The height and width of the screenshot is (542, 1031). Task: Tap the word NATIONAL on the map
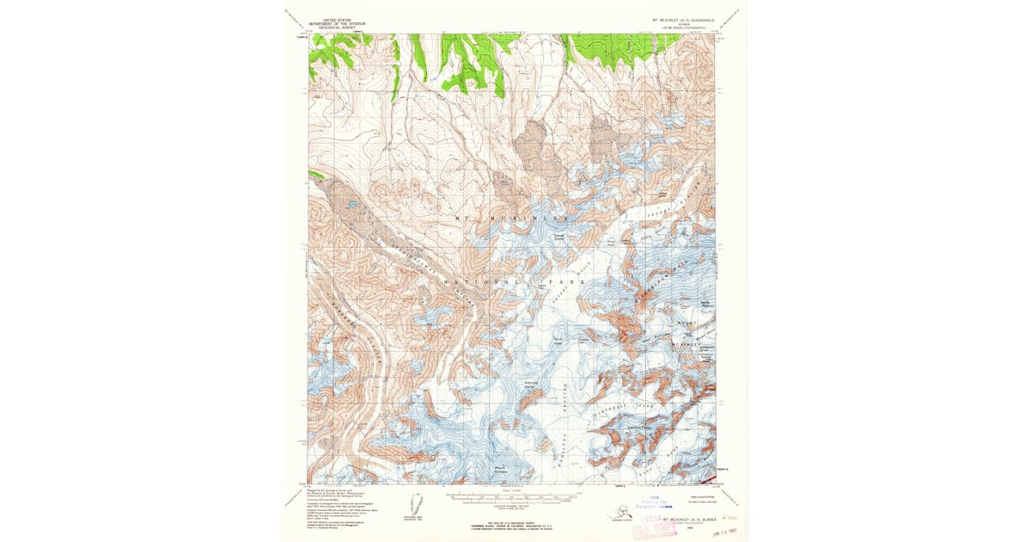481,281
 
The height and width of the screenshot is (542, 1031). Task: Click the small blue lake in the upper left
352,205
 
